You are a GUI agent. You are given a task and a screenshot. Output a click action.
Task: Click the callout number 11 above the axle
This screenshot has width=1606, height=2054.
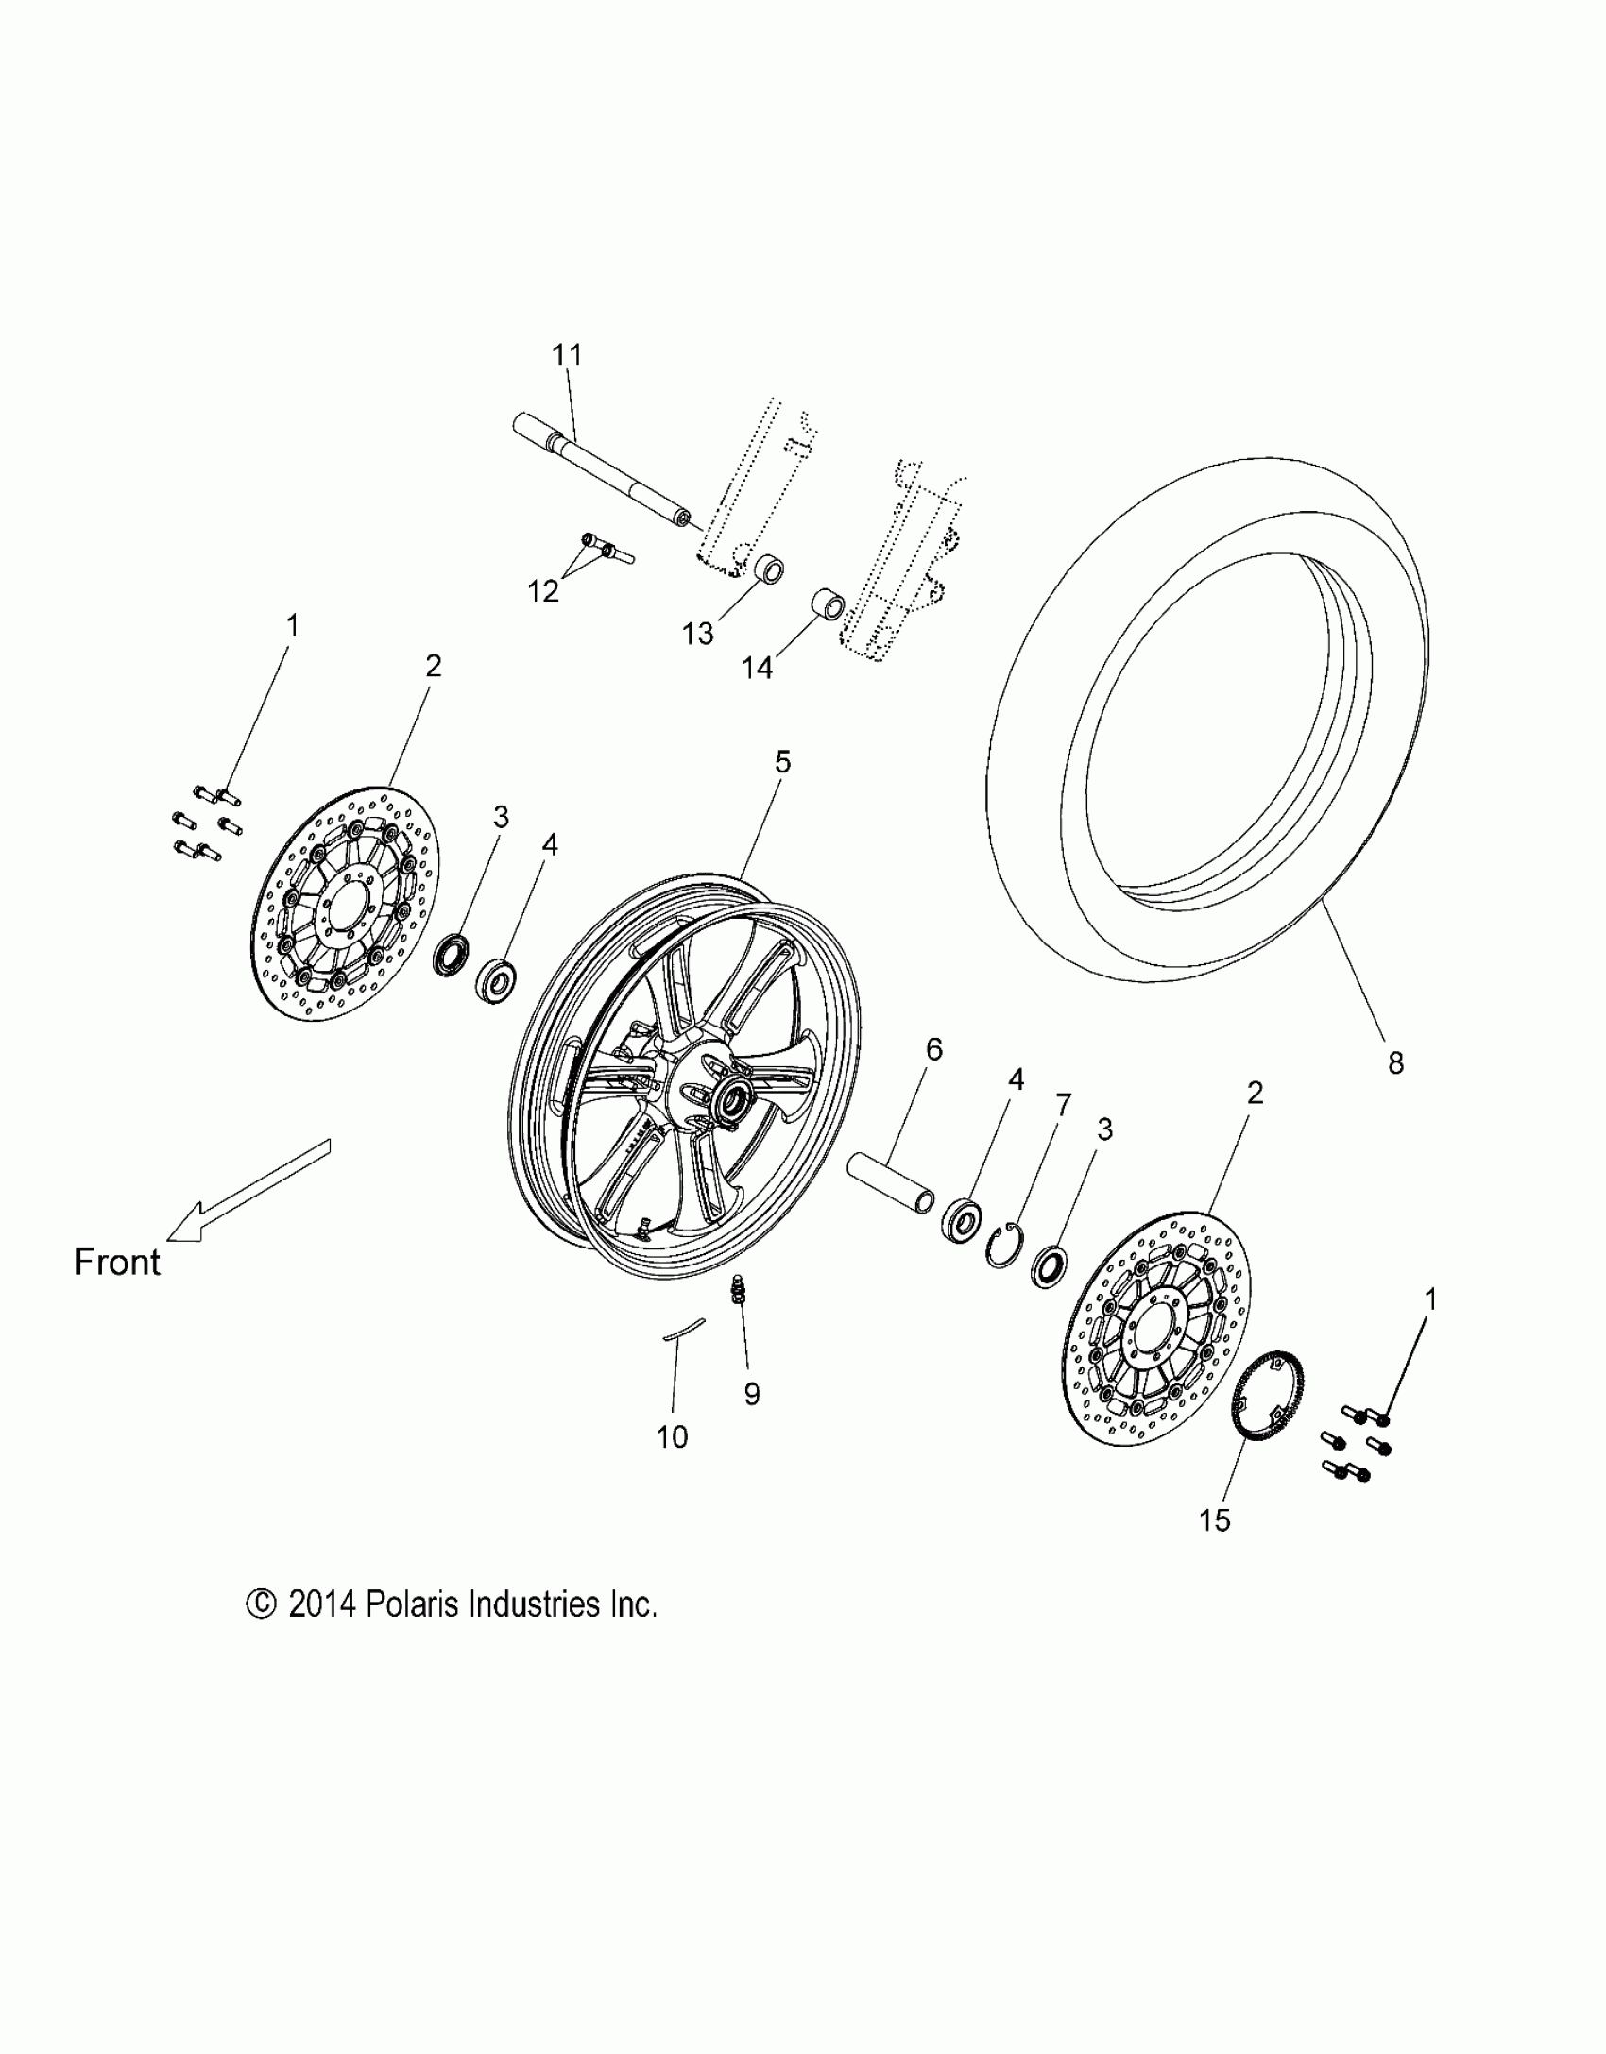pos(567,355)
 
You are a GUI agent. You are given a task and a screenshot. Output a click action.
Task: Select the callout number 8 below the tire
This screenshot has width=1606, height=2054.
pos(1395,1063)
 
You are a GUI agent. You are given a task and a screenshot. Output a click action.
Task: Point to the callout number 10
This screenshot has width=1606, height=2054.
pos(672,1437)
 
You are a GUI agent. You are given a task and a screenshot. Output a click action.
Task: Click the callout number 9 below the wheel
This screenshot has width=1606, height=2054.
pos(752,1394)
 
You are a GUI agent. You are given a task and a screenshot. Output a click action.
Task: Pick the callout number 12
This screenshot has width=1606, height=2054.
pos(544,591)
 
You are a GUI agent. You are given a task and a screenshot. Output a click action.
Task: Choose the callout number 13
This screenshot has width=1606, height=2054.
pos(698,634)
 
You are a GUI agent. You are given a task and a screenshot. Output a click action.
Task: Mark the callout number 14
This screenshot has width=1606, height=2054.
pos(757,668)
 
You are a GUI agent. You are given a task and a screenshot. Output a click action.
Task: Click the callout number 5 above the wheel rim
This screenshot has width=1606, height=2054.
pos(782,762)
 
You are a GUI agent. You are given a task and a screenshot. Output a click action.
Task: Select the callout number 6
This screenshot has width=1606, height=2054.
pos(933,1049)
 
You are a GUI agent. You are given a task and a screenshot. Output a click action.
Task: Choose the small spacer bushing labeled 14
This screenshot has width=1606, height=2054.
pos(828,603)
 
